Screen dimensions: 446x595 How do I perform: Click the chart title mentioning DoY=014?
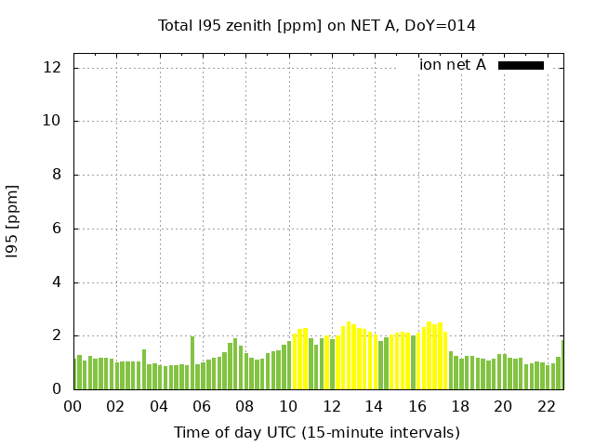pyautogui.click(x=316, y=25)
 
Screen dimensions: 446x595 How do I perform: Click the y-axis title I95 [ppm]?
pyautogui.click(x=13, y=221)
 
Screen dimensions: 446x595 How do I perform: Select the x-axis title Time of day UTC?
pyautogui.click(x=316, y=432)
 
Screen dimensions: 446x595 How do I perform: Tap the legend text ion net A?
pyautogui.click(x=452, y=65)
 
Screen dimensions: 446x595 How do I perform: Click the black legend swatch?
pyautogui.click(x=521, y=65)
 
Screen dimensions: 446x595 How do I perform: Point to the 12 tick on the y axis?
pyautogui.click(x=53, y=67)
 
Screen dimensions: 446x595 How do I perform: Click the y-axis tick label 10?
pyautogui.click(x=53, y=121)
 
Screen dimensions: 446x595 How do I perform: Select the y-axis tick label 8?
pyautogui.click(x=57, y=175)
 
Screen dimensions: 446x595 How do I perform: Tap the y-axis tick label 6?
pyautogui.click(x=57, y=229)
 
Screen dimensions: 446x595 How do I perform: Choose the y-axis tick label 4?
pyautogui.click(x=57, y=282)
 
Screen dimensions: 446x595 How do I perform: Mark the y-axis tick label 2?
pyautogui.click(x=57, y=335)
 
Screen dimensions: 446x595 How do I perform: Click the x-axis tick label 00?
pyautogui.click(x=73, y=406)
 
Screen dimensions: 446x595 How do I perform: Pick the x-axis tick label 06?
pyautogui.click(x=203, y=406)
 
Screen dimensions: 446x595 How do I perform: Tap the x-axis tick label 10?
pyautogui.click(x=288, y=406)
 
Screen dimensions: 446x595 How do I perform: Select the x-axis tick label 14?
pyautogui.click(x=374, y=406)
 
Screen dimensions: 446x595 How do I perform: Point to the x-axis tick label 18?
pyautogui.click(x=460, y=406)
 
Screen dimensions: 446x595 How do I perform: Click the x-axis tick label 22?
pyautogui.click(x=546, y=406)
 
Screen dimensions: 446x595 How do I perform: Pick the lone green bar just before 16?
pyautogui.click(x=413, y=362)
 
